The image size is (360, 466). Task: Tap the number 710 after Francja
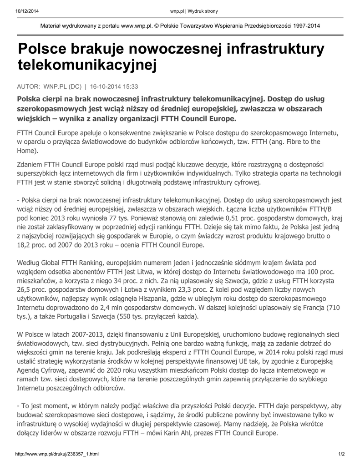point(334,307)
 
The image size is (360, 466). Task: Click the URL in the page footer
point(57,454)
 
